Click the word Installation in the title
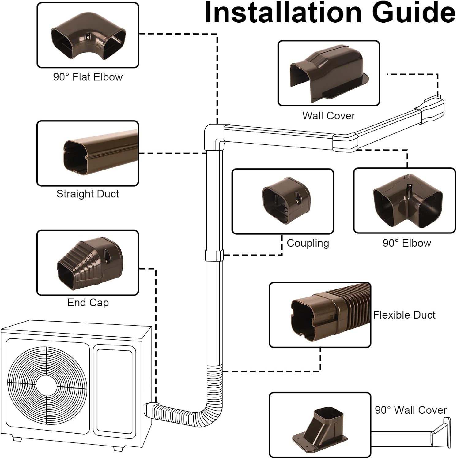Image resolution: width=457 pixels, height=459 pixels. point(283,13)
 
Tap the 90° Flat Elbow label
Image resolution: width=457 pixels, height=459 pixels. point(88,77)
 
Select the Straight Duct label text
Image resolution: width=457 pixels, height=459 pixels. point(88,194)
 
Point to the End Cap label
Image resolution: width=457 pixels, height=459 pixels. point(88,303)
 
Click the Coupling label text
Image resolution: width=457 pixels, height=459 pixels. point(308,243)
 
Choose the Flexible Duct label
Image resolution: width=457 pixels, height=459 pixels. point(404,315)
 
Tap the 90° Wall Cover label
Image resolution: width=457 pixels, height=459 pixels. point(410,410)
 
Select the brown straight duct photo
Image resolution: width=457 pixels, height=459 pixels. point(98,153)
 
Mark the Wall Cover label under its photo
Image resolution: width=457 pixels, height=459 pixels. point(328,116)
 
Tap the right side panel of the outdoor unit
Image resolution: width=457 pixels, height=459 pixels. point(114,382)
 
